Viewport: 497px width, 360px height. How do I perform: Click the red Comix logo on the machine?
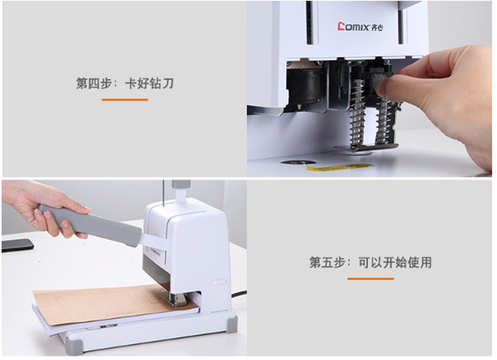click(360, 27)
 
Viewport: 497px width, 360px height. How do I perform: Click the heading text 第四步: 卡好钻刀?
click(125, 84)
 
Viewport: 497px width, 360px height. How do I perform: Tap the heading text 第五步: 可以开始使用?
click(370, 263)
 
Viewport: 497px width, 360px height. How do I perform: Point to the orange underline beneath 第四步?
click(125, 100)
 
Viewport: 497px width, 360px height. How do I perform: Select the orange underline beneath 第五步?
click(370, 279)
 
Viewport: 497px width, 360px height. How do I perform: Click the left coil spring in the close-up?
click(357, 112)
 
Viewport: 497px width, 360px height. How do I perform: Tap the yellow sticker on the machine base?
click(339, 167)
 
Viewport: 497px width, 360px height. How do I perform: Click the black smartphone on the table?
click(17, 245)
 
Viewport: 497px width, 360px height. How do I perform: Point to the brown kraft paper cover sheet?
click(107, 304)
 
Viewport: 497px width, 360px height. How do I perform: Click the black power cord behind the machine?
click(239, 294)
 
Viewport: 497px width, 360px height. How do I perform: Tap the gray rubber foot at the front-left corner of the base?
click(75, 348)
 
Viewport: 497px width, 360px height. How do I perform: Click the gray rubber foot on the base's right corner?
click(232, 323)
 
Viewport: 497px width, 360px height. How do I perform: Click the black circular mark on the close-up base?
click(298, 162)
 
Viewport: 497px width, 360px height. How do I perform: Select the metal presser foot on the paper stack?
click(176, 299)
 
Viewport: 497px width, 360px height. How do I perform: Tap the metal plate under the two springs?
click(367, 147)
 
